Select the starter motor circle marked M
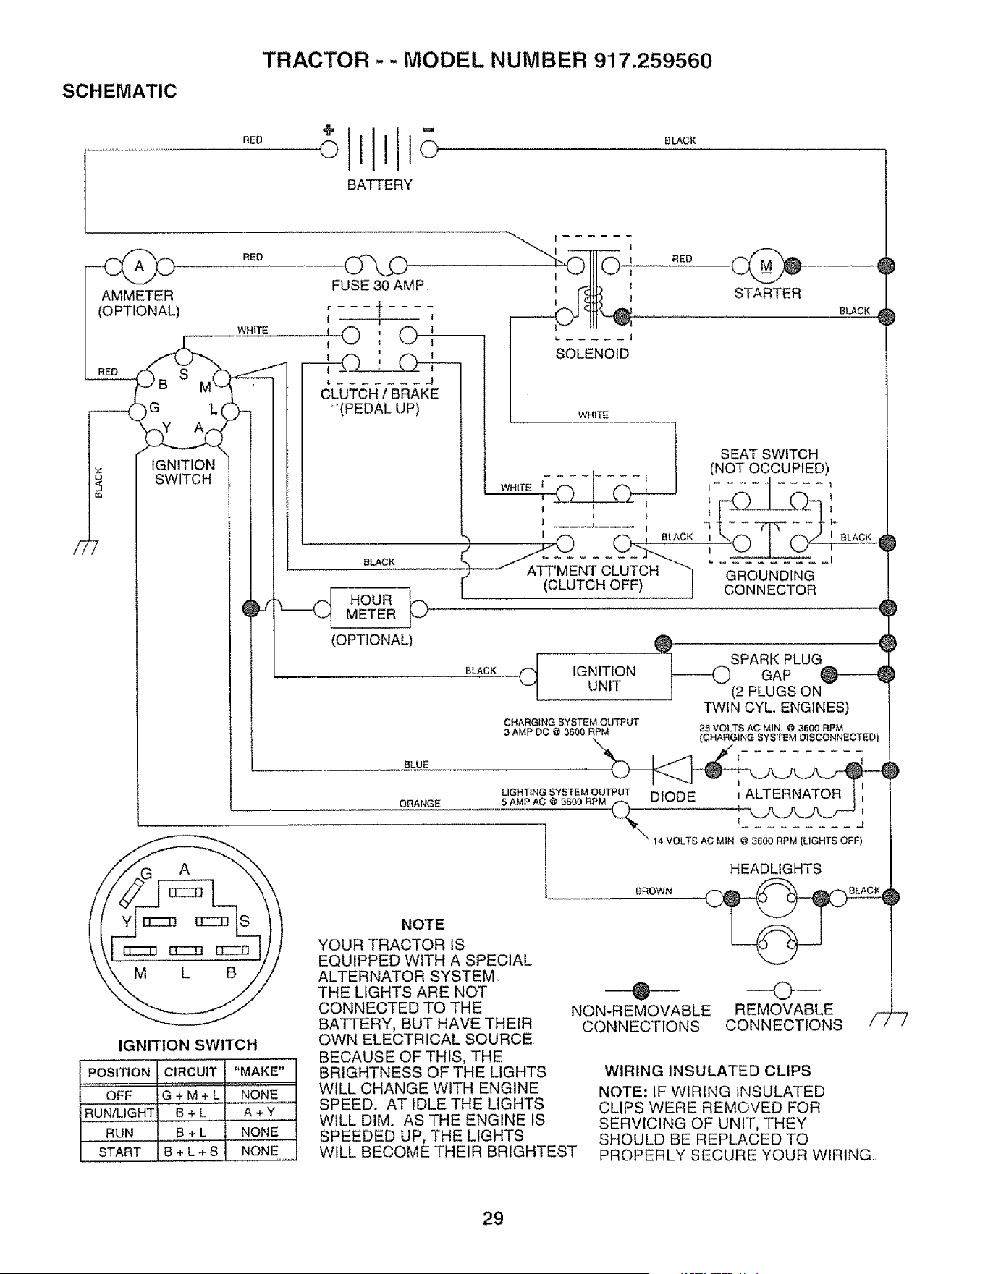coord(766,266)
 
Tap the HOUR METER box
coord(371,608)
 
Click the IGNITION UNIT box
coord(604,678)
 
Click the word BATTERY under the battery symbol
coord(380,184)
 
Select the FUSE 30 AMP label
coord(377,286)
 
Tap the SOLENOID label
coord(592,354)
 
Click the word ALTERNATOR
coord(793,794)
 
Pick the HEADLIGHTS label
coord(775,869)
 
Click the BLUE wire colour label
coord(416,765)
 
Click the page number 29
coord(493,1218)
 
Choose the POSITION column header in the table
coord(119,1071)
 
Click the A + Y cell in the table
coord(261,1113)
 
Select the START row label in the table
coord(119,1152)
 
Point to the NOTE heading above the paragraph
coord(423,925)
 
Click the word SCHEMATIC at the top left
coord(119,92)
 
